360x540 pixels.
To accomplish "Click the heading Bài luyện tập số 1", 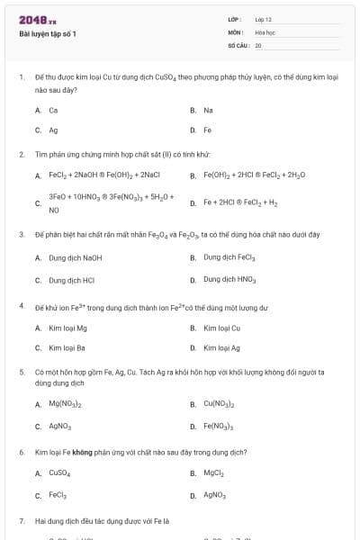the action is [x=48, y=34].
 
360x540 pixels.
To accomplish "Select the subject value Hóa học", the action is [x=265, y=31].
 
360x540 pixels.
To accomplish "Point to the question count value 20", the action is [x=258, y=44].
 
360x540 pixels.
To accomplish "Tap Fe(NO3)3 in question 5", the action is [x=219, y=426].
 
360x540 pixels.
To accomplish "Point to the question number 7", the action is [x=21, y=520].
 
